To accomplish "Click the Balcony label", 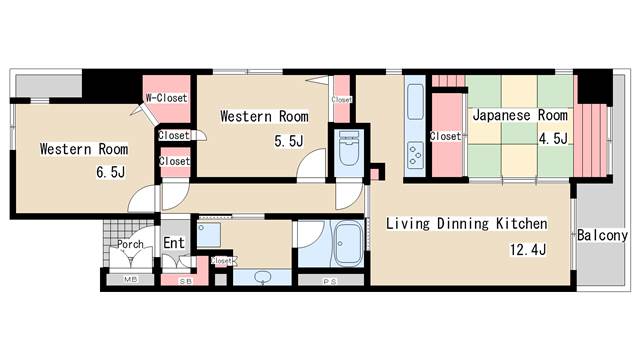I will tap(602, 236).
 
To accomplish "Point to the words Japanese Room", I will tap(519, 115).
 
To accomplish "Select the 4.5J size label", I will tap(553, 138).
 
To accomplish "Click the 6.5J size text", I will tap(110, 173).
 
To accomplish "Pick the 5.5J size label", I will tap(289, 141).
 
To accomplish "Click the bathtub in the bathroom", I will tap(347, 243).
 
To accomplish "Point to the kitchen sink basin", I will tap(415, 103).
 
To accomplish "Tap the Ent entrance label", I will tap(173, 242).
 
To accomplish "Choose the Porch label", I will tap(130, 244).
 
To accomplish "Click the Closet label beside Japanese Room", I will tap(444, 136).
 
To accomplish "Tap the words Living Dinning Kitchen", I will tap(466, 223).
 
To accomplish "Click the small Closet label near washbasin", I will tap(222, 261).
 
